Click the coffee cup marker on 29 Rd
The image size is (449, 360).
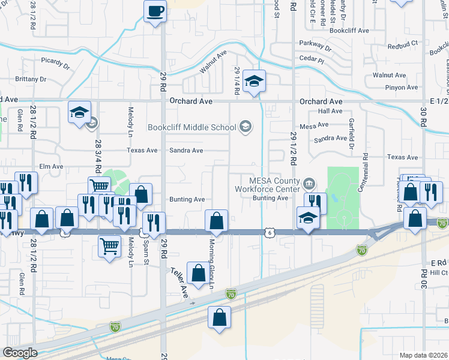tap(155, 11)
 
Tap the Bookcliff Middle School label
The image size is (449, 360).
tap(192, 127)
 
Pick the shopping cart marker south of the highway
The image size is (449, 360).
tap(109, 246)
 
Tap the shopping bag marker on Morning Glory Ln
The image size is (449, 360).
tap(217, 221)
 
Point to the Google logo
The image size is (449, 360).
tap(20, 353)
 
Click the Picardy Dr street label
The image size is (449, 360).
tap(56, 60)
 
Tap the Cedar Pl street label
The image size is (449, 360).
tap(313, 61)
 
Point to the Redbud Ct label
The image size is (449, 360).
tap(402, 46)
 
